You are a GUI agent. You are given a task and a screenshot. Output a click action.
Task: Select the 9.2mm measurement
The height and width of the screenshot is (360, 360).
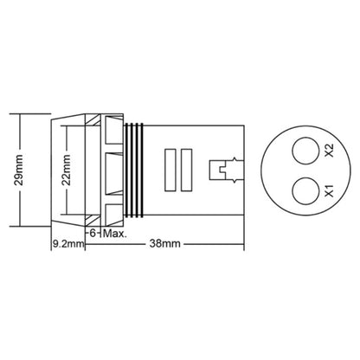click(68, 245)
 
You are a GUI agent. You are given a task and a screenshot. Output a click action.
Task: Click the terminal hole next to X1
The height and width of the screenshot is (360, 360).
click(305, 189)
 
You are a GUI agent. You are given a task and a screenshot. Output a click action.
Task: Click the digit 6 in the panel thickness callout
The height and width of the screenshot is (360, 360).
click(90, 232)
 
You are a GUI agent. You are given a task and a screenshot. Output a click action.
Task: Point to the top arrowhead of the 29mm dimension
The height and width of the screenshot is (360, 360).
click(18, 116)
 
